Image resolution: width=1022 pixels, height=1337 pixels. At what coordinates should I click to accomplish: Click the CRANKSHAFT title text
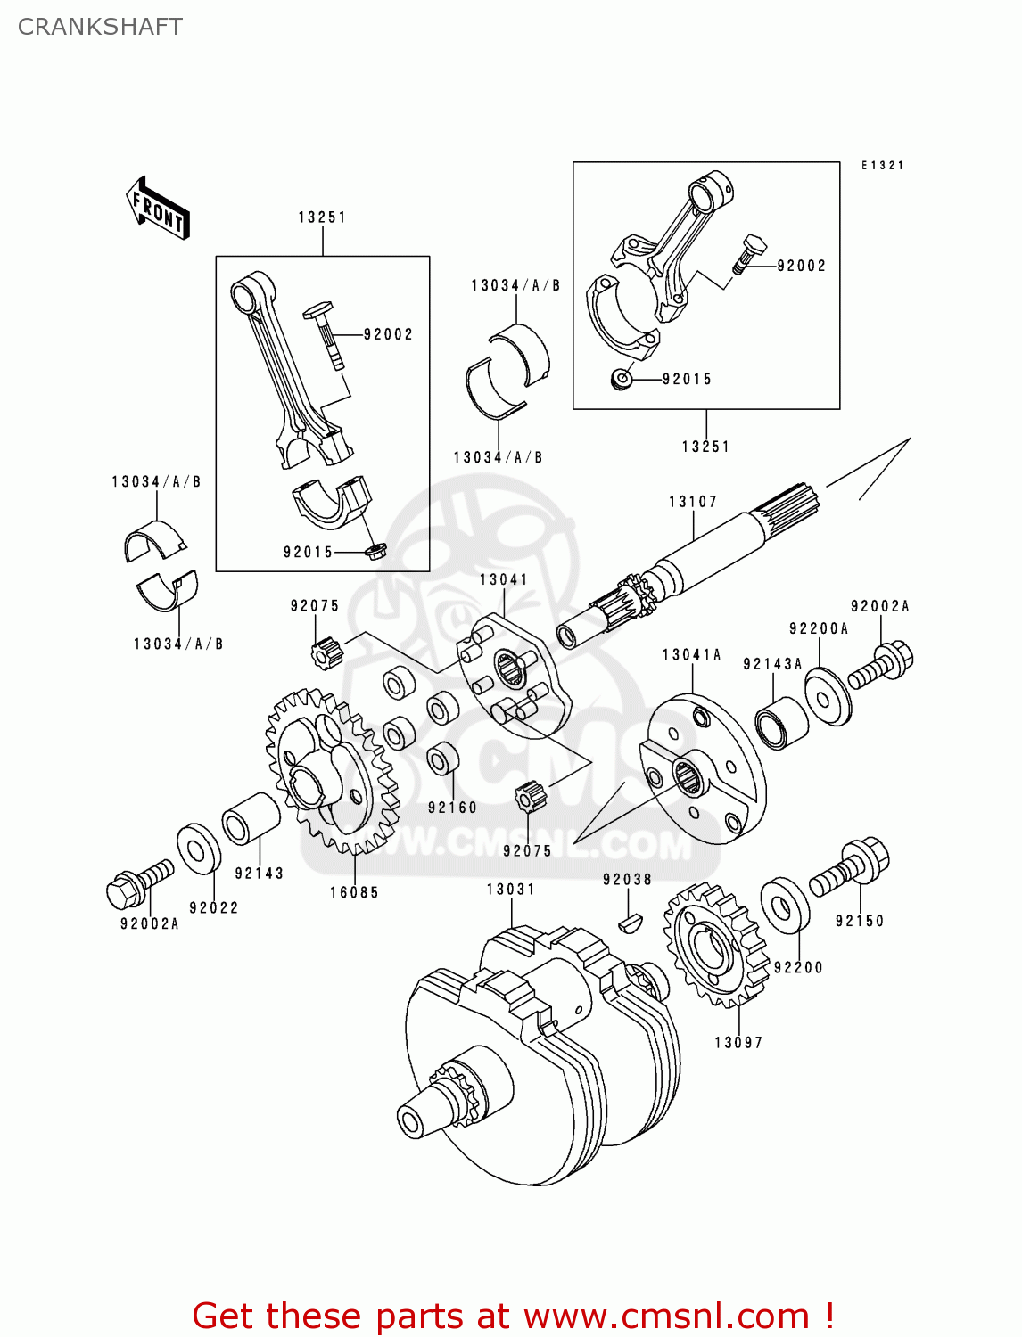click(x=100, y=27)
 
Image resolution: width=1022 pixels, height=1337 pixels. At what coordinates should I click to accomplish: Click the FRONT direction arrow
click(x=158, y=209)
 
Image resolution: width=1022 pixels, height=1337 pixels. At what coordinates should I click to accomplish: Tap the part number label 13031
click(x=510, y=890)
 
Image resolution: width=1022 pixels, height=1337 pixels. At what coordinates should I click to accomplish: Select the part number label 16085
click(x=354, y=892)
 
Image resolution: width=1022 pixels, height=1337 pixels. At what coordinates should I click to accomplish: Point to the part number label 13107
click(x=693, y=502)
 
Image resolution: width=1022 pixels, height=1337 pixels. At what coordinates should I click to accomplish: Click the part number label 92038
click(x=627, y=880)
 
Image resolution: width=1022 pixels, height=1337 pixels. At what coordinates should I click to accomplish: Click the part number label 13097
click(x=738, y=1042)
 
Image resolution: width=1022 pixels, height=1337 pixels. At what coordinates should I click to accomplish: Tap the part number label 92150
click(x=860, y=921)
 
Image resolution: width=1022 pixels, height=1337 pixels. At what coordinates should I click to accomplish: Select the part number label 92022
click(x=214, y=907)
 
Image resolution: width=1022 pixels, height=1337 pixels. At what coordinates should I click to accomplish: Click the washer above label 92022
click(x=199, y=849)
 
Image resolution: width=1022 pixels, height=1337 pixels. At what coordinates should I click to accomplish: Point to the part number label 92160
click(x=452, y=808)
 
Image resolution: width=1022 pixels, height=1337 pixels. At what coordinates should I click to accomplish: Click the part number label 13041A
click(x=691, y=655)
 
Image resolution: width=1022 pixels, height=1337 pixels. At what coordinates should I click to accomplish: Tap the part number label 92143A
click(x=772, y=664)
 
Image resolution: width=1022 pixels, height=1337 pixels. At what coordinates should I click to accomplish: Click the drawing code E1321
click(x=882, y=166)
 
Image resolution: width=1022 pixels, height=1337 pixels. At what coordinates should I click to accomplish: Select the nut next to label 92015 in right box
click(x=621, y=380)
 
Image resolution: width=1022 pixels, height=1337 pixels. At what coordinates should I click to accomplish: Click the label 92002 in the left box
click(x=388, y=334)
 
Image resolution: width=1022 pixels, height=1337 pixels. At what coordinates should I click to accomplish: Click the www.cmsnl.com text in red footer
click(x=665, y=1316)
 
